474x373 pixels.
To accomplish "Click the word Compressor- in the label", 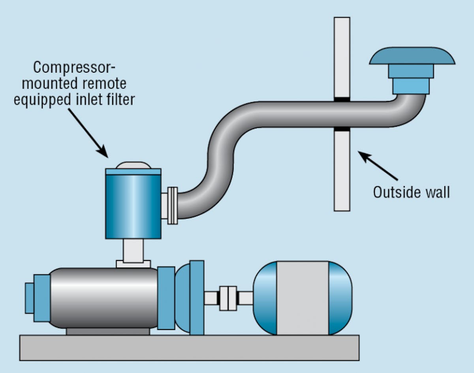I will tap(74, 67).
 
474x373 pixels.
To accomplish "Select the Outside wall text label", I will tap(411, 192).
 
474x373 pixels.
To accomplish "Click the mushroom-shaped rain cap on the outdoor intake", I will tap(412, 56).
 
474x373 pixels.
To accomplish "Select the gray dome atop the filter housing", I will tap(133, 165).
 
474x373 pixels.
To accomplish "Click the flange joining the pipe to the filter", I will tap(172, 206).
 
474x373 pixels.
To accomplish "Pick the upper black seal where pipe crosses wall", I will tap(342, 99).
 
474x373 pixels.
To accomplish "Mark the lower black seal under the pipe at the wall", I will tap(342, 129).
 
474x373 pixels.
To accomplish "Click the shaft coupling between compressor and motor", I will tap(228, 298).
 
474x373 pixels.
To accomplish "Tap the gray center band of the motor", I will tap(302, 298).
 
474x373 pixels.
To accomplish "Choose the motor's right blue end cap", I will tap(340, 298).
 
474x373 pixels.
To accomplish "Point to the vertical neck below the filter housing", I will tap(133, 249).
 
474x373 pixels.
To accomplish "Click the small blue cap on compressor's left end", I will tap(29, 298).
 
